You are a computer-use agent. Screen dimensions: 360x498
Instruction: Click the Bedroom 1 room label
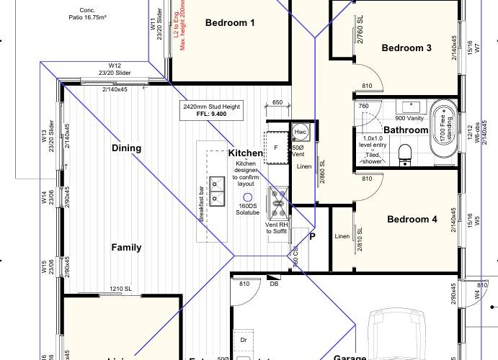pyautogui.click(x=231, y=23)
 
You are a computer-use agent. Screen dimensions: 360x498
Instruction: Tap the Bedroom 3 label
pyautogui.click(x=406, y=48)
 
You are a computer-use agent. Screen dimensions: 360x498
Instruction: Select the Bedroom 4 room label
pyautogui.click(x=412, y=219)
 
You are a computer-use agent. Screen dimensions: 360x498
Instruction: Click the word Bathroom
pyautogui.click(x=406, y=130)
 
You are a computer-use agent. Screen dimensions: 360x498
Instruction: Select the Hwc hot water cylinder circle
pyautogui.click(x=301, y=132)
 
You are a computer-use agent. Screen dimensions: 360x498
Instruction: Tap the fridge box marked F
pyautogui.click(x=276, y=148)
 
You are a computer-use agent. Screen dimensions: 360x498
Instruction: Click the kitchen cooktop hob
pyautogui.click(x=278, y=202)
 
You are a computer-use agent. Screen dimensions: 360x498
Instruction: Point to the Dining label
pyautogui.click(x=126, y=148)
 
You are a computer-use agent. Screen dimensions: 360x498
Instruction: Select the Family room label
pyautogui.click(x=126, y=248)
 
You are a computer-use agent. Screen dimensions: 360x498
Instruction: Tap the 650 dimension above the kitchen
pyautogui.click(x=277, y=103)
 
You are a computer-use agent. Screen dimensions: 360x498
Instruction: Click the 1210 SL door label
pyautogui.click(x=120, y=289)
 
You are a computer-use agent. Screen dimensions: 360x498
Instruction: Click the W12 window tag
pyautogui.click(x=114, y=65)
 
